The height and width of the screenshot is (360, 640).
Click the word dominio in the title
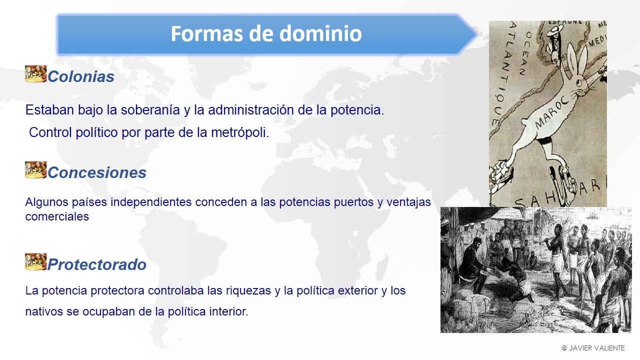tap(320, 33)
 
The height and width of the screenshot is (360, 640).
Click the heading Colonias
tap(81, 76)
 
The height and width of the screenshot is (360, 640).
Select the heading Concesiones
tap(97, 172)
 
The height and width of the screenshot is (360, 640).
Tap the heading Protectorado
tap(97, 264)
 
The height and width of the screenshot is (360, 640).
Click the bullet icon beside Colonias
tap(35, 73)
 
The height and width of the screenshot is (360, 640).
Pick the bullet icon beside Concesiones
tap(35, 169)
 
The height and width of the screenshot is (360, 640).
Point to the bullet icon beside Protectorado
tap(35, 261)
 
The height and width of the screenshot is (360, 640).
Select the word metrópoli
tap(240, 133)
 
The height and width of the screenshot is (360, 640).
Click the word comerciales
tap(57, 216)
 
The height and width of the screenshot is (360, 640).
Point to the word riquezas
tap(248, 291)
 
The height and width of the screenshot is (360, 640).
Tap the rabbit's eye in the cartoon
tap(579, 82)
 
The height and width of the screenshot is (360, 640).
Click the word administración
tap(251, 110)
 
